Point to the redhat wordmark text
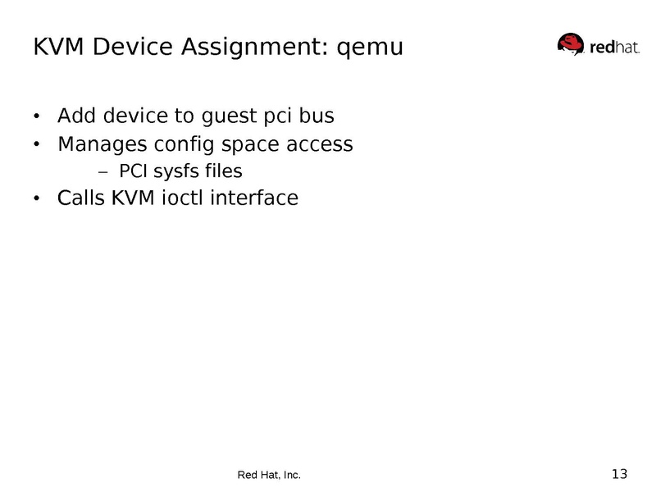point(611,47)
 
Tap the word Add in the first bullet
point(76,116)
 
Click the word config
point(193,145)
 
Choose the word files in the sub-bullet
point(225,171)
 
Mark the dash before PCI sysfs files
point(102,172)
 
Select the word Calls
point(80,198)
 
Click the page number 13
point(619,473)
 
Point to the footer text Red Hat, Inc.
point(269,475)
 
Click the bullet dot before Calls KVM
point(36,199)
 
